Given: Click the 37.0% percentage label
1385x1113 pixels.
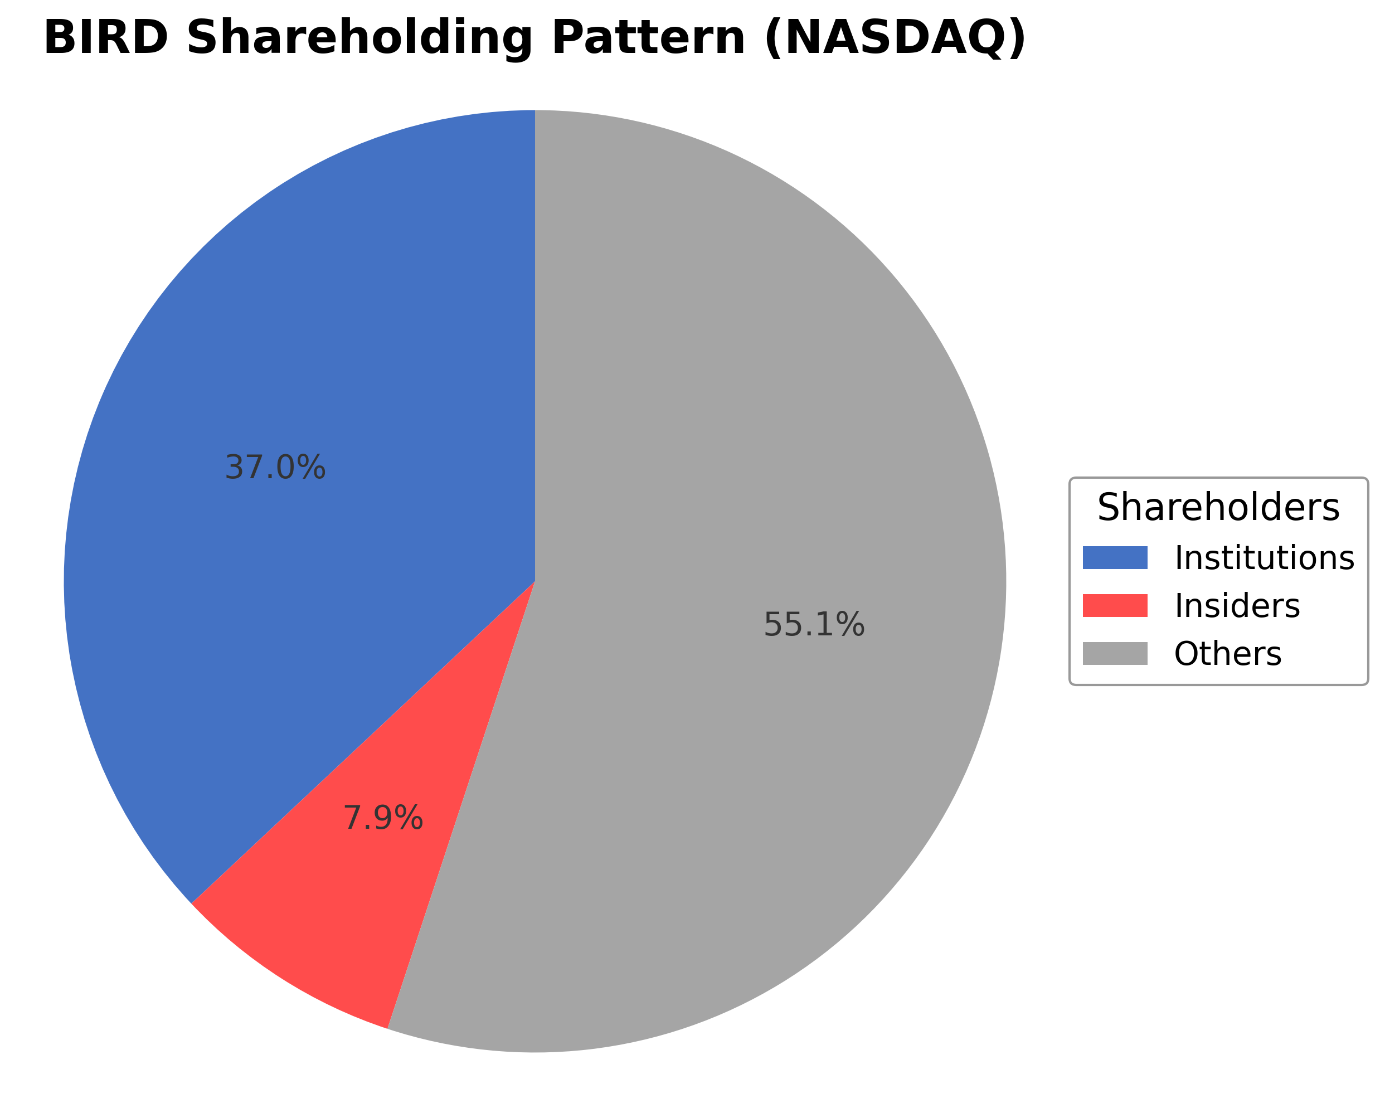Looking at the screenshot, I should click(275, 468).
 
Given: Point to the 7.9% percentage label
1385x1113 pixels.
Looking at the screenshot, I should click(383, 819).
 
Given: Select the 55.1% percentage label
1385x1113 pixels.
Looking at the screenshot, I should click(814, 624).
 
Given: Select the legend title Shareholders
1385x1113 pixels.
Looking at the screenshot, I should click(1218, 507).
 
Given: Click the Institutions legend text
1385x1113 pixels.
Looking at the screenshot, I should click(1264, 557).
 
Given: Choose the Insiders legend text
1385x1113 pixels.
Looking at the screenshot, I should click(1237, 606).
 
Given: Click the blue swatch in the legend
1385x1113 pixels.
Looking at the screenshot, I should click(1115, 557).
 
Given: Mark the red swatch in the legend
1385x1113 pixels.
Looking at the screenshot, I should click(1115, 606).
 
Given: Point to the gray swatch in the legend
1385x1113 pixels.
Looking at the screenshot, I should click(1115, 654).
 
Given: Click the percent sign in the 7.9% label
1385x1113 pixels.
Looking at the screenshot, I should click(409, 819).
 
